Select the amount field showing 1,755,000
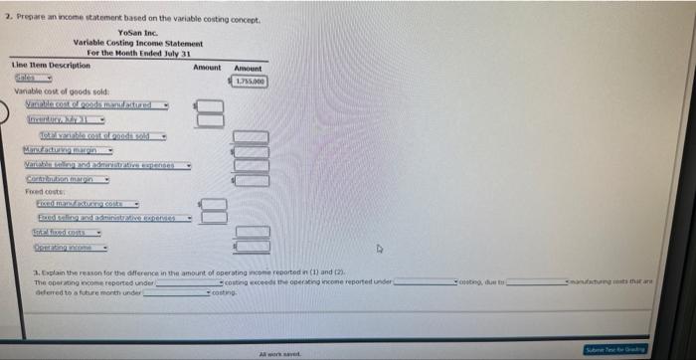(x=250, y=80)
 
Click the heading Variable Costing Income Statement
(x=137, y=43)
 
